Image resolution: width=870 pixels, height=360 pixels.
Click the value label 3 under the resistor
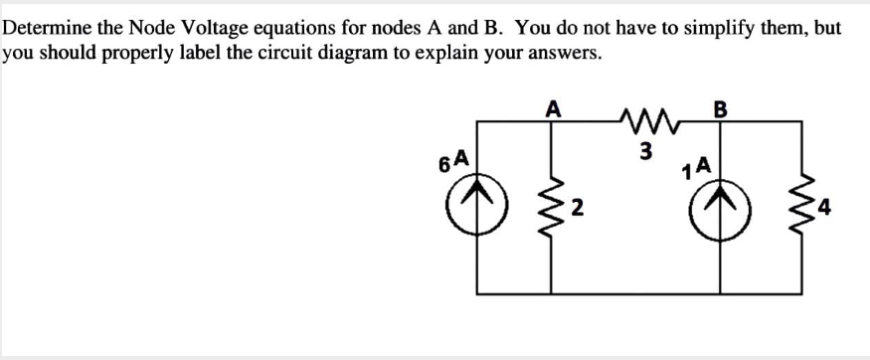coord(645,151)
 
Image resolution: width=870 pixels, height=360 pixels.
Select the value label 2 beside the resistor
coord(577,209)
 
